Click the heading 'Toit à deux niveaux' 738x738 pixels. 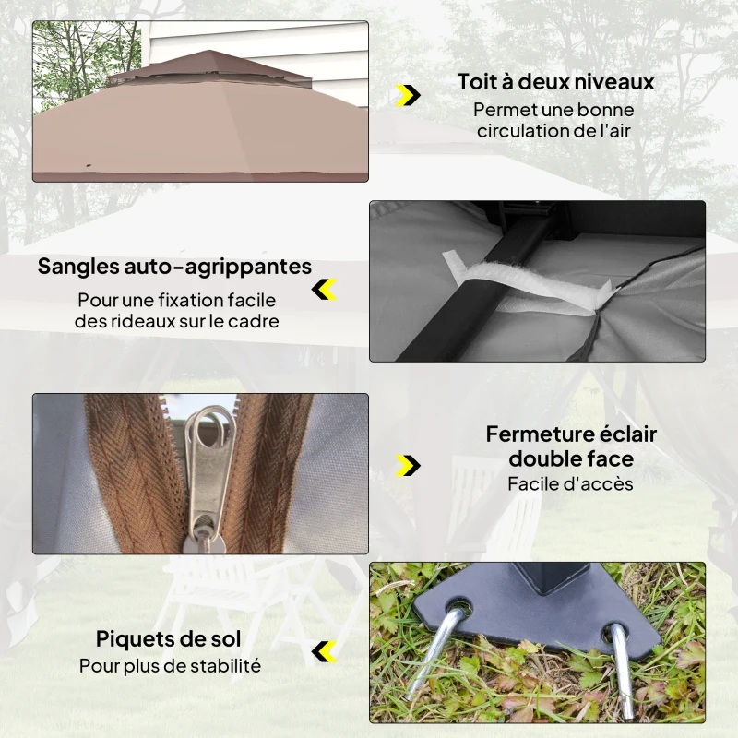coord(555,81)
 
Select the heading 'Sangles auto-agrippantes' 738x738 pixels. coord(174,267)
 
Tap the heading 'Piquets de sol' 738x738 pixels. coord(168,638)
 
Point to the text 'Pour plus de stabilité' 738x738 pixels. coord(170,665)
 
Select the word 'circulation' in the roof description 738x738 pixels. coord(523,131)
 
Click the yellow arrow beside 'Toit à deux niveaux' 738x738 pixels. coord(407,94)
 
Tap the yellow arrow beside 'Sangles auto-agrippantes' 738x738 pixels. coord(324,290)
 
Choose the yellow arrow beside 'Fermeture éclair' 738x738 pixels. coord(407,465)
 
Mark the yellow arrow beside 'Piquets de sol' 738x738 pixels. coord(324,651)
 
